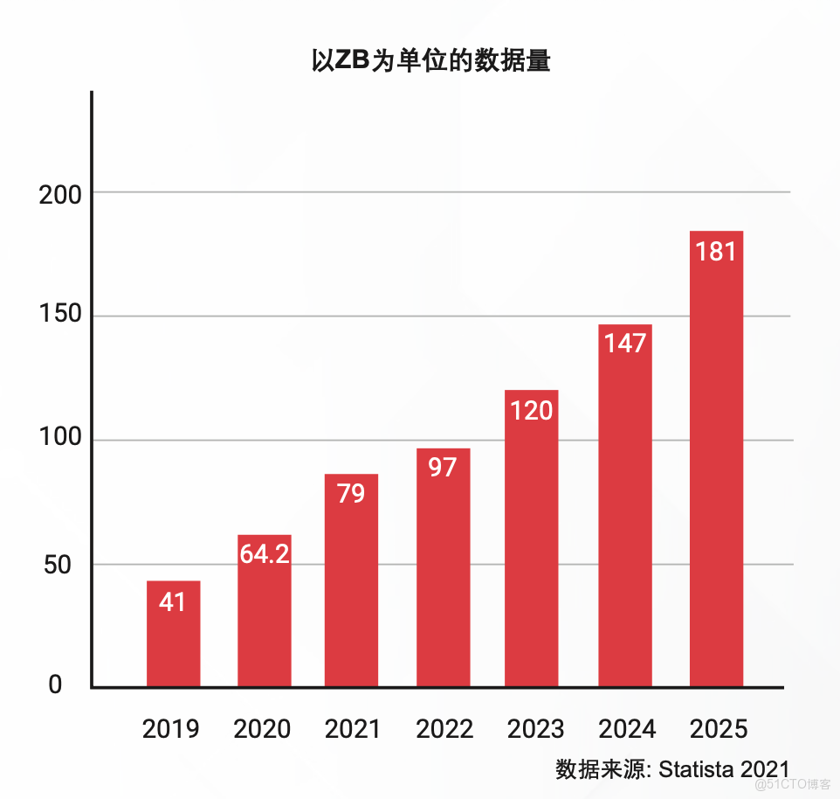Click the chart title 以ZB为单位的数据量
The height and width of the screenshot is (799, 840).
coord(430,61)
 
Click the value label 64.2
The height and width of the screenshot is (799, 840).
coord(264,553)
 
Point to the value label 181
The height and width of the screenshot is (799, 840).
coord(716,252)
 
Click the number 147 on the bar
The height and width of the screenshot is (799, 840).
coord(624,344)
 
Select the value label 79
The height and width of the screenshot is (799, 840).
coord(351,494)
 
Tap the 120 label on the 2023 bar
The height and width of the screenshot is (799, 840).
coord(532,410)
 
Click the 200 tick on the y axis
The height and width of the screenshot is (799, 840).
coord(60,195)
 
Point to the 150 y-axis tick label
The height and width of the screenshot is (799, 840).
coord(60,316)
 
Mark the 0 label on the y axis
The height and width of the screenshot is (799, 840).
coord(55,685)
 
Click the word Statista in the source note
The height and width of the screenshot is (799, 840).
coord(696,769)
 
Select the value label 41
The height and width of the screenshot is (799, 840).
coord(173,601)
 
